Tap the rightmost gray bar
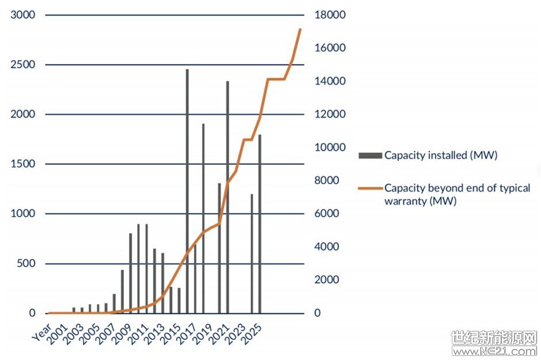260,224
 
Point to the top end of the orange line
300,29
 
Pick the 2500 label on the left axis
23,65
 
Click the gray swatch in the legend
370,156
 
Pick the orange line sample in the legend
370,188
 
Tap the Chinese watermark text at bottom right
494,338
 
